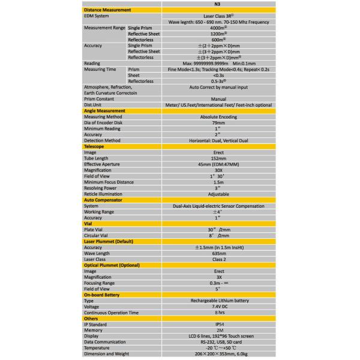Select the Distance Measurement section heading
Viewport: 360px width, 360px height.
click(107, 11)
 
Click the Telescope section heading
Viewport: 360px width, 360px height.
click(96, 146)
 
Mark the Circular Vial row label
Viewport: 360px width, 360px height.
click(100, 235)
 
